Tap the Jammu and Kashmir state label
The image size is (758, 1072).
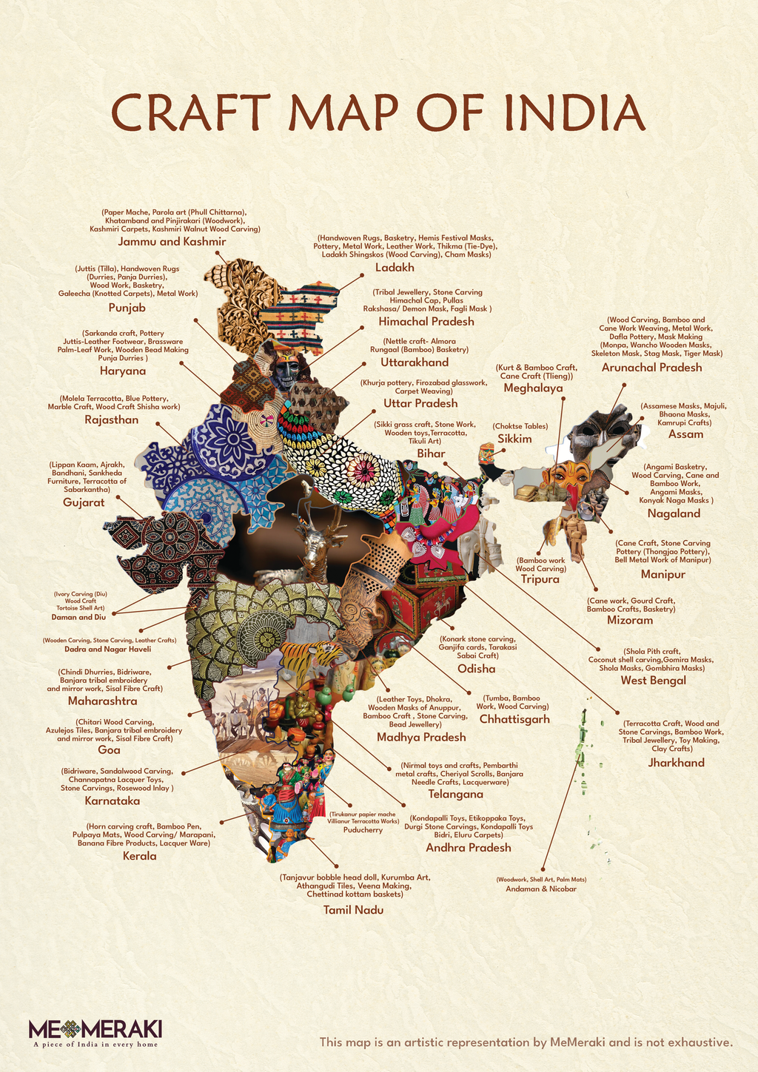[172, 242]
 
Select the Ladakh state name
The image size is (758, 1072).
[395, 268]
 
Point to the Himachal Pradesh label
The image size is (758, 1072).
[426, 322]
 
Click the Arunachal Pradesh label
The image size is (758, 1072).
[651, 368]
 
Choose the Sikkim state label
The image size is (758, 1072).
[514, 439]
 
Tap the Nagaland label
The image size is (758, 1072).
[674, 513]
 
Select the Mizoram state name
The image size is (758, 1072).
[630, 620]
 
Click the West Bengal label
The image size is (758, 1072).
[653, 681]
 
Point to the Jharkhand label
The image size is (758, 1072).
[676, 763]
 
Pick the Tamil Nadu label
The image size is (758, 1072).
[353, 910]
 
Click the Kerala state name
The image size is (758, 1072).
[139, 856]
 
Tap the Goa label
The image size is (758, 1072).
[109, 749]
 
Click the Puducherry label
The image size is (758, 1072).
[363, 830]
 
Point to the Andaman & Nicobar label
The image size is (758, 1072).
[540, 889]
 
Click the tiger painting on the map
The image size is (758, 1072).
[309, 655]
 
